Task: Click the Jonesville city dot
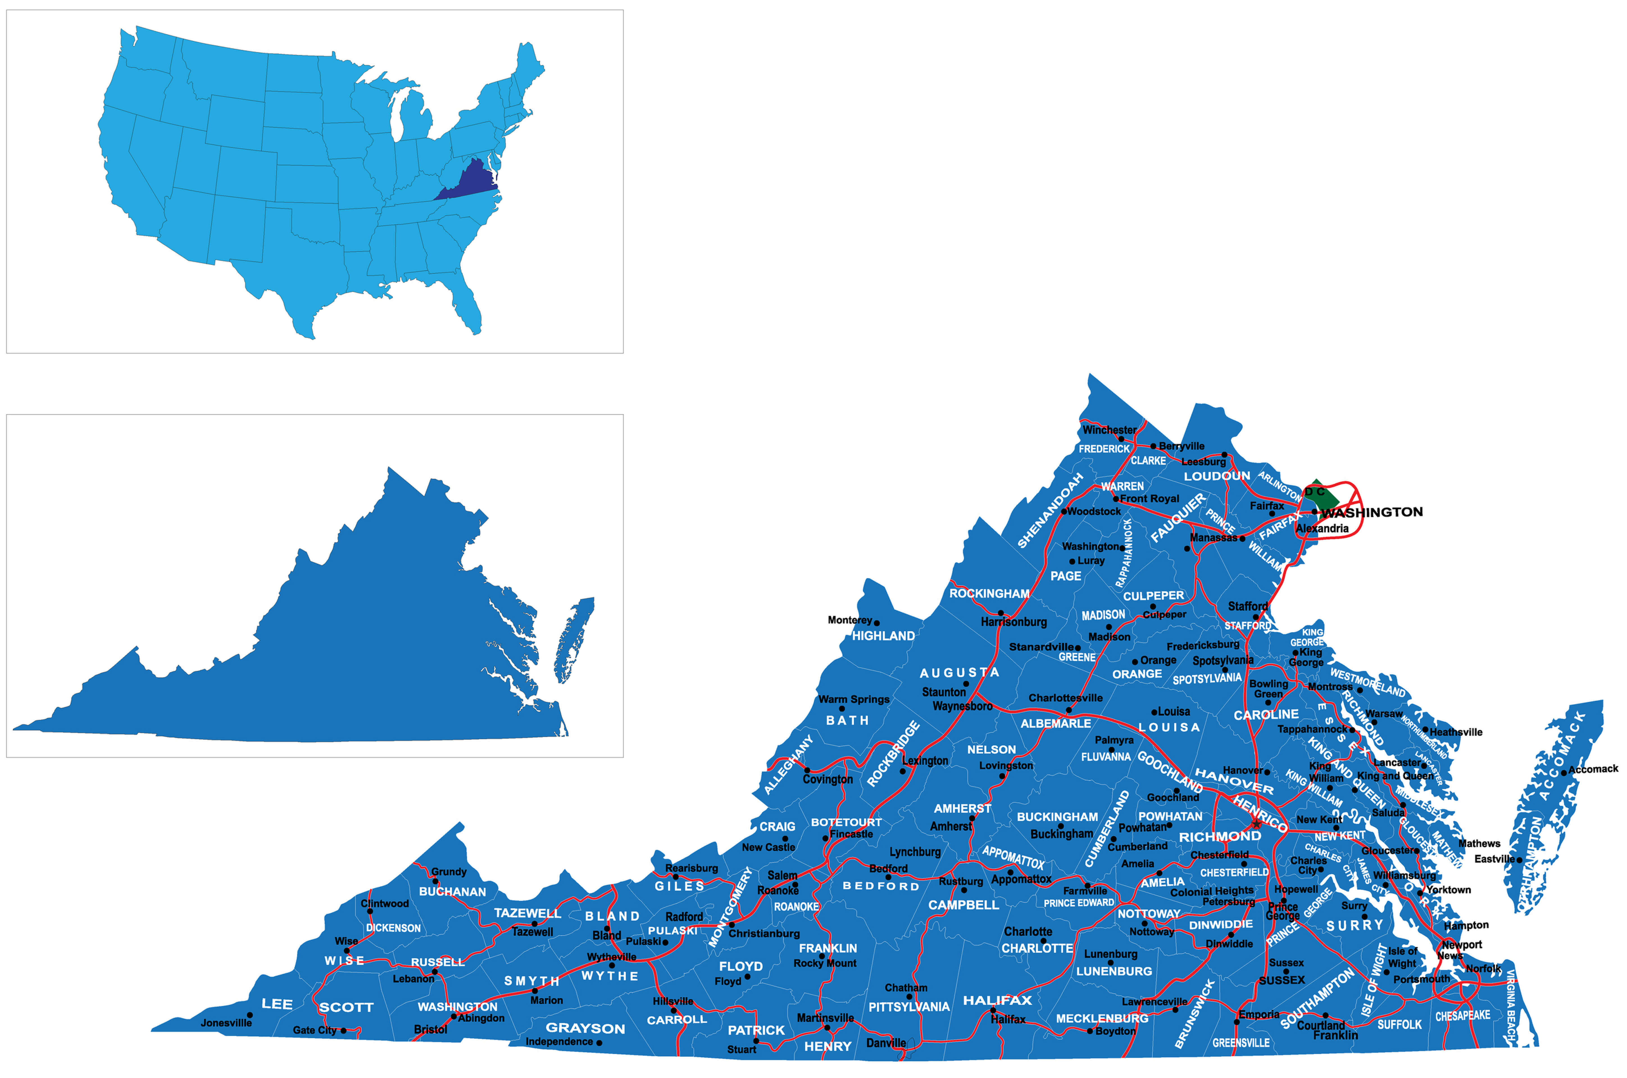tap(249, 1015)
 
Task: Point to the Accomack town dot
tap(1564, 773)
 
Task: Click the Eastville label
tap(1494, 859)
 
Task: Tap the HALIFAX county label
tap(997, 1000)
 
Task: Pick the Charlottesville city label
tap(1065, 698)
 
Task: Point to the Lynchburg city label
tap(915, 852)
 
